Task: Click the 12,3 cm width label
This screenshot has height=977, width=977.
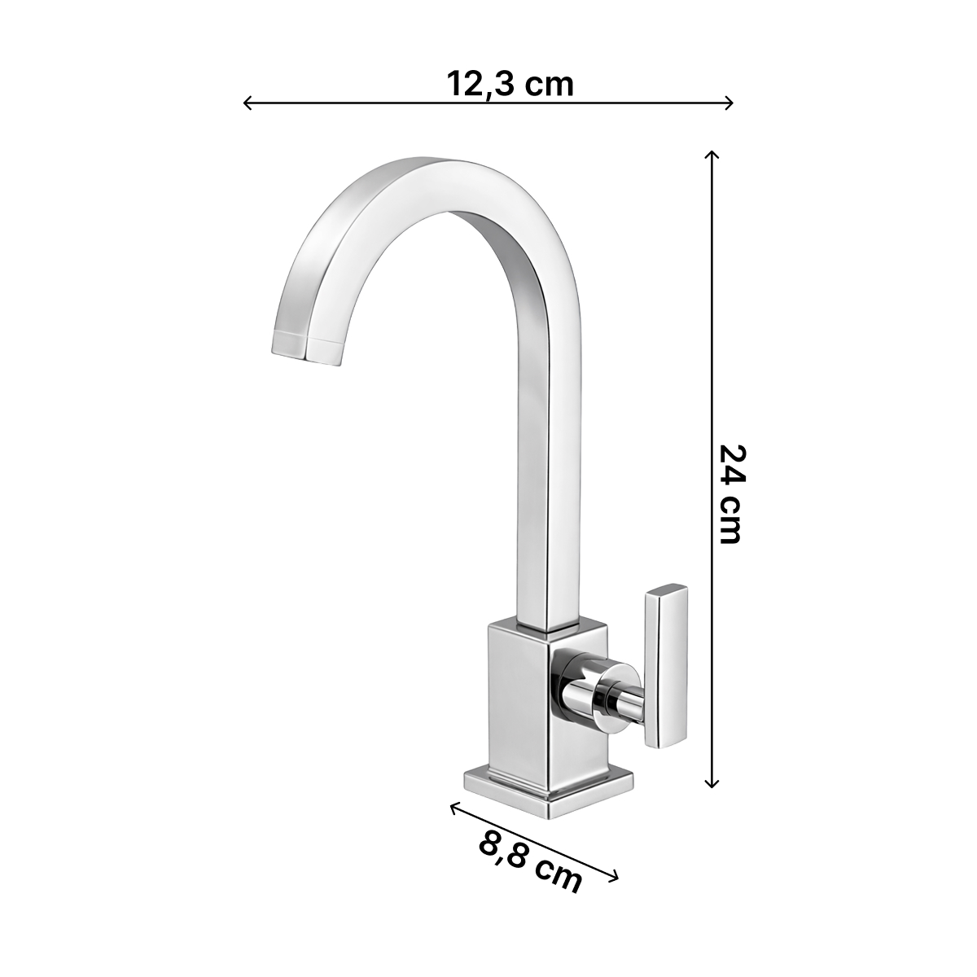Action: [x=510, y=83]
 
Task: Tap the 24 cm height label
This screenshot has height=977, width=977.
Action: [x=732, y=494]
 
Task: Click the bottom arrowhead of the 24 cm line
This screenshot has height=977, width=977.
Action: [x=712, y=799]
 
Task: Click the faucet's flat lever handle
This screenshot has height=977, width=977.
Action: [x=666, y=673]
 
